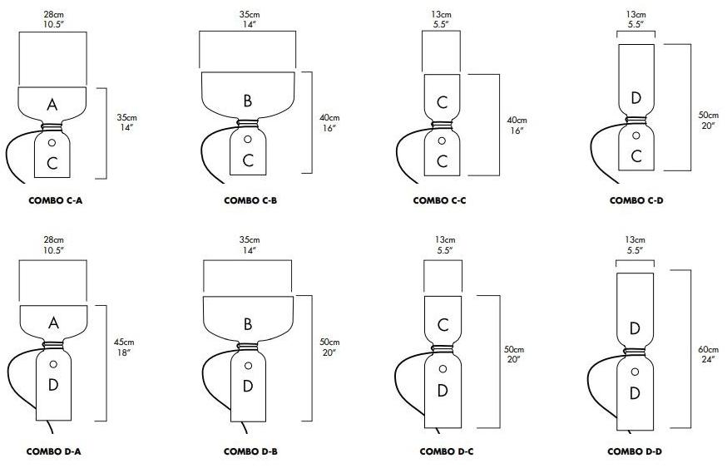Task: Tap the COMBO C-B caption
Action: coord(247,200)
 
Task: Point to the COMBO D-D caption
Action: coord(636,451)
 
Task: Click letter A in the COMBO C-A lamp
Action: coord(52,105)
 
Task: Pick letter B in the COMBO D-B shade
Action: coord(247,324)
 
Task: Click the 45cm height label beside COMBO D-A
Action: coord(125,347)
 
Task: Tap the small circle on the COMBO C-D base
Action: coord(636,135)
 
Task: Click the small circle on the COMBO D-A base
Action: coord(53,364)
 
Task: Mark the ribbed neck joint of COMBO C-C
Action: coord(442,126)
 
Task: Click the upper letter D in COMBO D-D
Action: coord(636,328)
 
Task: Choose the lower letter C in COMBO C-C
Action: coord(442,161)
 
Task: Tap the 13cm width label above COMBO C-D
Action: coord(636,19)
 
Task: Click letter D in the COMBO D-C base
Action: coord(442,390)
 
